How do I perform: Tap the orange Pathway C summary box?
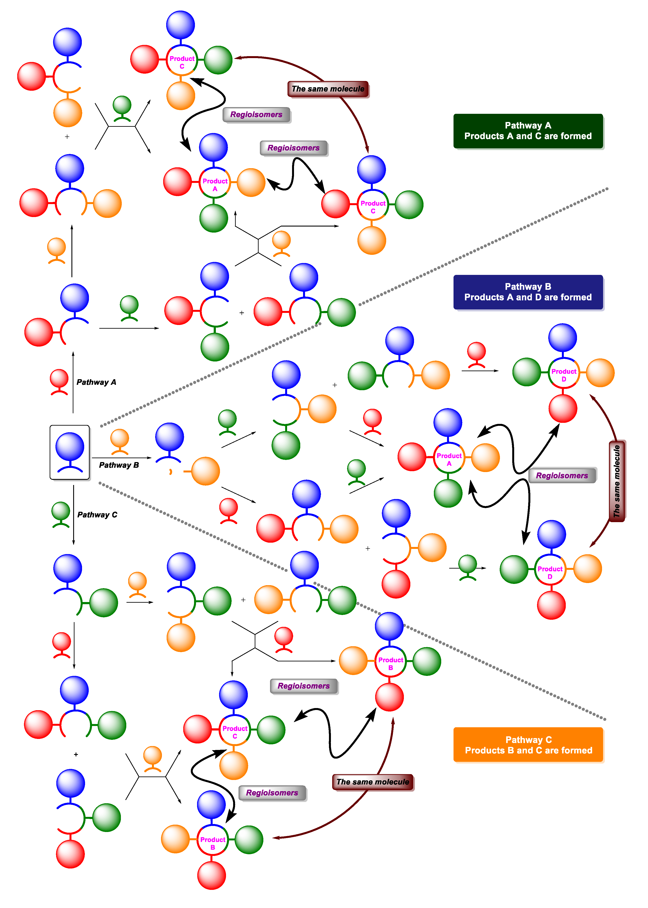tap(528, 745)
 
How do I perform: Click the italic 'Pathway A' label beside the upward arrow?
tap(96, 382)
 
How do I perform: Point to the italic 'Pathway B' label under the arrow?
tap(119, 465)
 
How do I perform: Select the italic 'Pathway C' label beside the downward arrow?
tap(97, 515)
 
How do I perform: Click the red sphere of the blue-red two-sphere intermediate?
tap(39, 332)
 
